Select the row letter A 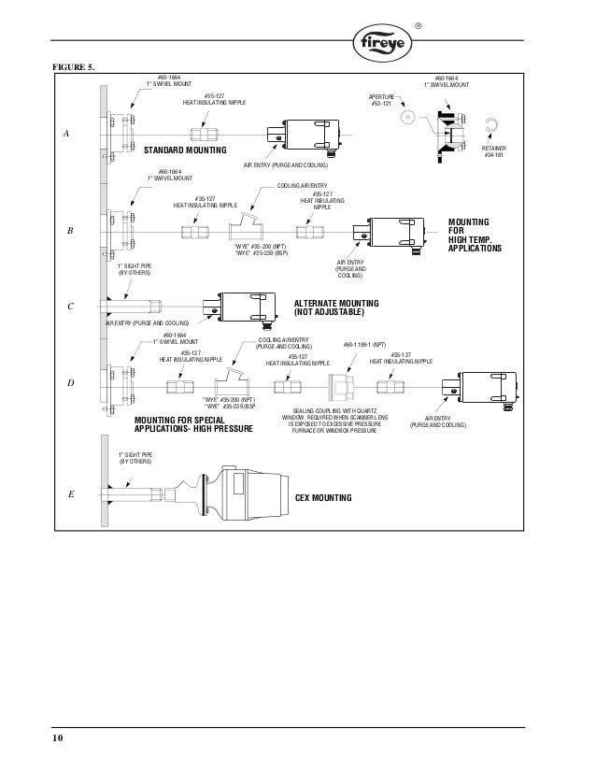click(66, 135)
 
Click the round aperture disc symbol click(406, 119)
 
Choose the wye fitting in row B click(248, 227)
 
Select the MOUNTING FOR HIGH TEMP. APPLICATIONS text click(475, 236)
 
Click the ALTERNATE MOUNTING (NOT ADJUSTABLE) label click(336, 308)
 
